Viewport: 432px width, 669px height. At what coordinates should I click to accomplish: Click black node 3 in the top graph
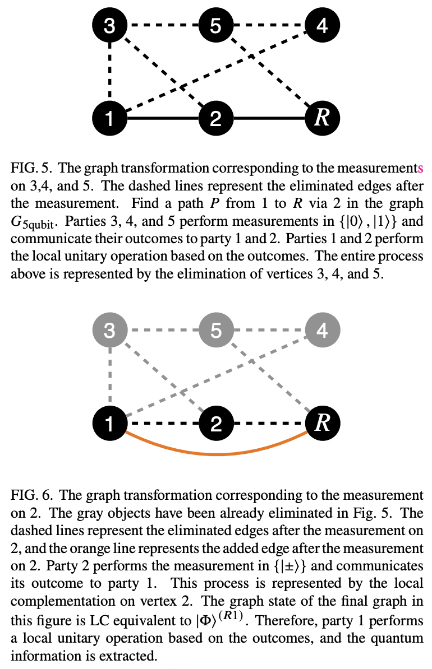pyautogui.click(x=110, y=26)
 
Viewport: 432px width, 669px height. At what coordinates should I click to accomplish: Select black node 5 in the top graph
pyautogui.click(x=216, y=26)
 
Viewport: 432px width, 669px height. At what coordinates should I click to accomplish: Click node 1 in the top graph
pyautogui.click(x=110, y=119)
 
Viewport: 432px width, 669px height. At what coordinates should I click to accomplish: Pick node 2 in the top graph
pyautogui.click(x=216, y=119)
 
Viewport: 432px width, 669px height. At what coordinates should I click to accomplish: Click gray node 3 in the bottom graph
pyautogui.click(x=110, y=331)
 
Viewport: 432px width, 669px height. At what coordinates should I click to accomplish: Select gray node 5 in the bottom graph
pyautogui.click(x=216, y=331)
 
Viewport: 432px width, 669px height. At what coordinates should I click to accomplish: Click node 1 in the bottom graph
pyautogui.click(x=110, y=424)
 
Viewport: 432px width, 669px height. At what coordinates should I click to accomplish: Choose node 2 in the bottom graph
pyautogui.click(x=216, y=424)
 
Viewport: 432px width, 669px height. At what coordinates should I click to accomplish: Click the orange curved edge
pyautogui.click(x=216, y=453)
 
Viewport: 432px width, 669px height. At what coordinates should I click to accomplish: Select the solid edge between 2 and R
pyautogui.click(x=269, y=119)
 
